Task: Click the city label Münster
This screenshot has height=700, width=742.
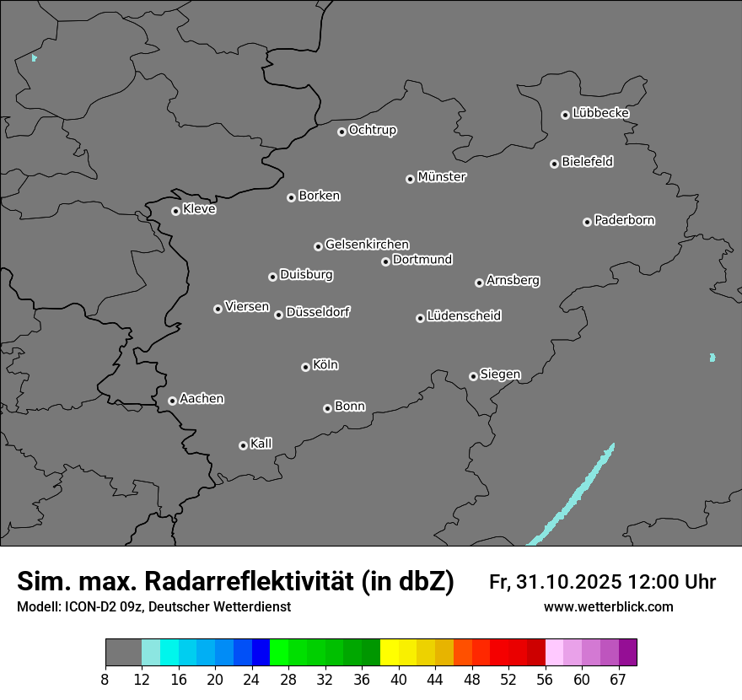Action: [x=442, y=177]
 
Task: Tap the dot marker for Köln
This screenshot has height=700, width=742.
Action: [x=305, y=367]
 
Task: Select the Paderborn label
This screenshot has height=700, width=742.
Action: [x=625, y=220]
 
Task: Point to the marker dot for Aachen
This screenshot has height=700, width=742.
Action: [x=172, y=401]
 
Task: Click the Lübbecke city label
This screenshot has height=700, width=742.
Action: [x=600, y=113]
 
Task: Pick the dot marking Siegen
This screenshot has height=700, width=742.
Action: [x=473, y=376]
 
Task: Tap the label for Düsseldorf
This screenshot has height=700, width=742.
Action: [x=318, y=312]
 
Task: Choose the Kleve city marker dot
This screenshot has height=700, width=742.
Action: [x=175, y=211]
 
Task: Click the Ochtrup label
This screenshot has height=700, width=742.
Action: [x=373, y=130]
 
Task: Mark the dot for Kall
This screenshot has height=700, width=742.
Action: [x=243, y=445]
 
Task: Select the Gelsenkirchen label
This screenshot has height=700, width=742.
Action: [x=367, y=245]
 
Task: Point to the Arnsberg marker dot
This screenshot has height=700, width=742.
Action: [x=479, y=283]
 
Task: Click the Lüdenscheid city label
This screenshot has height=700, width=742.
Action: [x=464, y=316]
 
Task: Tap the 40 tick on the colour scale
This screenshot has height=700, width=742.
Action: [x=399, y=680]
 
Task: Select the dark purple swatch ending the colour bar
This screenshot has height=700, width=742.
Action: [x=627, y=653]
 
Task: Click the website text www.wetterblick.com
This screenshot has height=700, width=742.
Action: [x=608, y=606]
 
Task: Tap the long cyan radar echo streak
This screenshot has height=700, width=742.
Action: [x=573, y=498]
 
